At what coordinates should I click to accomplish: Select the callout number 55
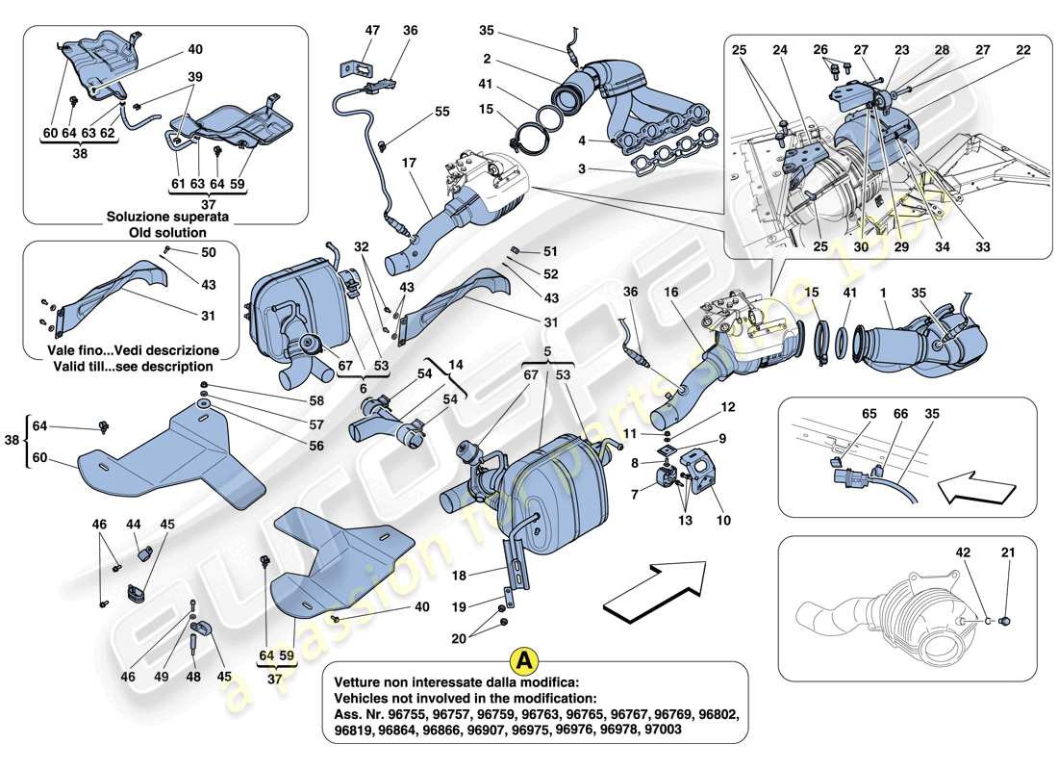[441, 112]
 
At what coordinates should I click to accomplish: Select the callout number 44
[135, 525]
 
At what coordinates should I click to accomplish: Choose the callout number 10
[722, 521]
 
